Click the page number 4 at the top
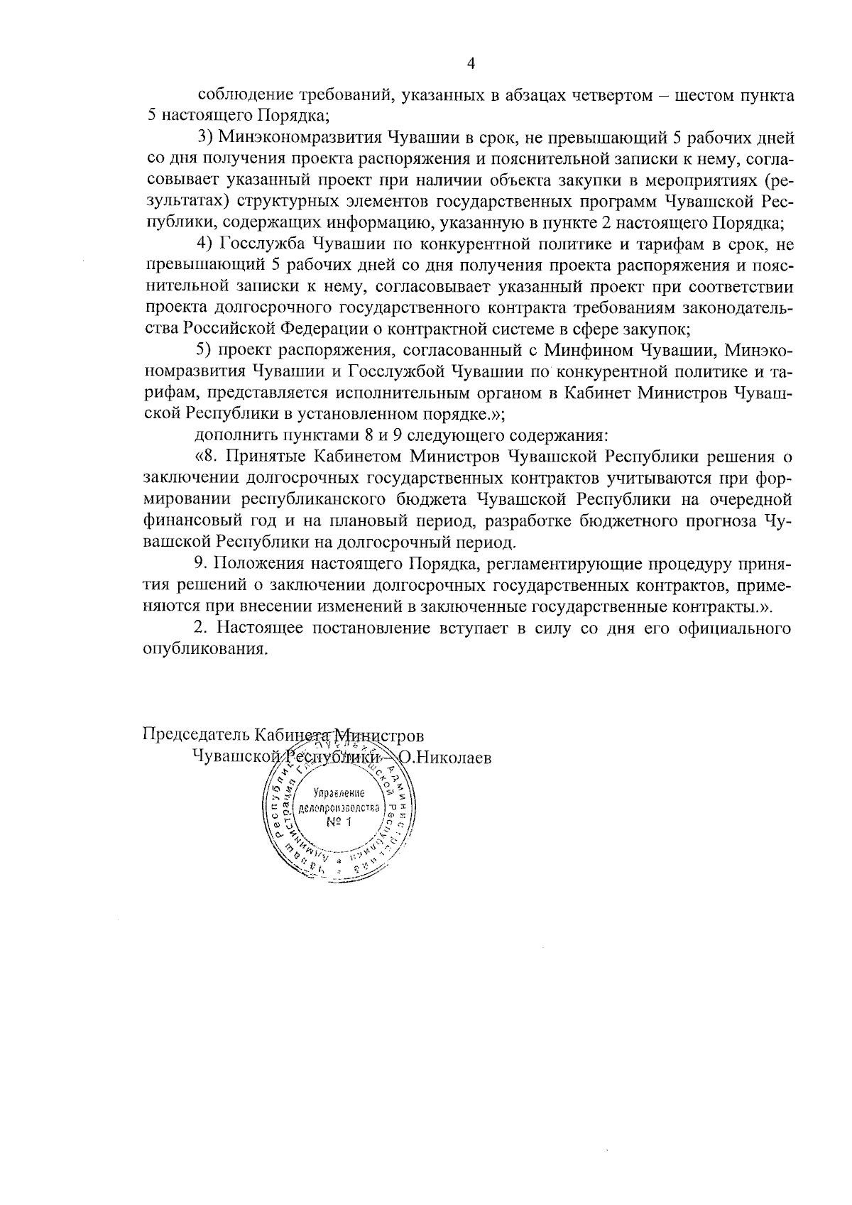pyautogui.click(x=469, y=64)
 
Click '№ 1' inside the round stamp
pyautogui.click(x=340, y=822)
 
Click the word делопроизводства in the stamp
pyautogui.click(x=340, y=808)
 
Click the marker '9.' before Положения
pyautogui.click(x=201, y=565)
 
